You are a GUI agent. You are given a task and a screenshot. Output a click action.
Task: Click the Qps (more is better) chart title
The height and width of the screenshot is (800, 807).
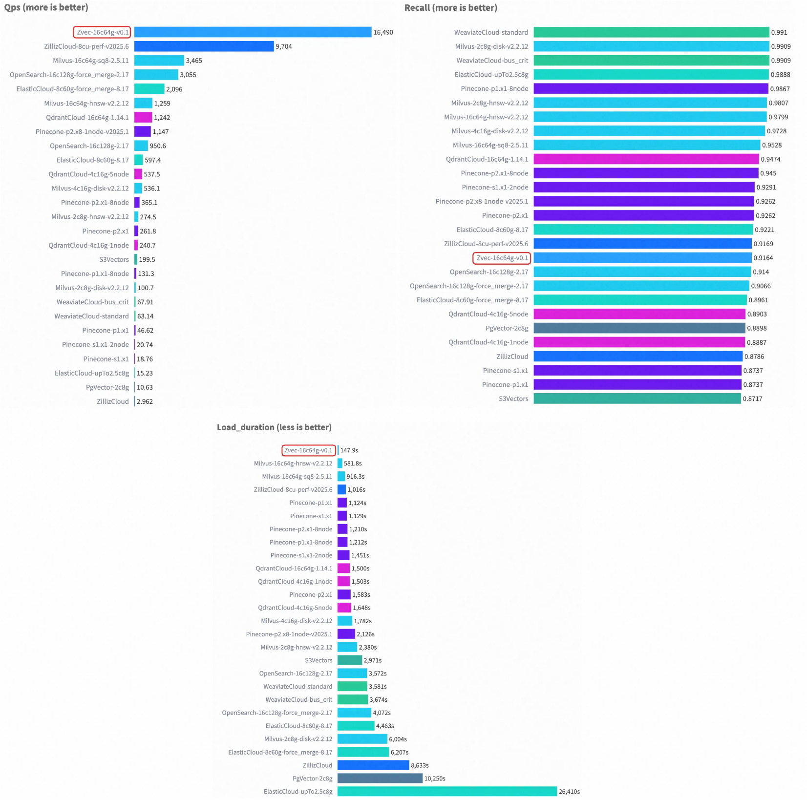(46, 8)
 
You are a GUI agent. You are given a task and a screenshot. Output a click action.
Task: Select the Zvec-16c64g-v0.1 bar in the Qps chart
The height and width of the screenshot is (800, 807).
(253, 32)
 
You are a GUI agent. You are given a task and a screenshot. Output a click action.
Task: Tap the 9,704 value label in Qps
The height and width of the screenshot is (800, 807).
(284, 47)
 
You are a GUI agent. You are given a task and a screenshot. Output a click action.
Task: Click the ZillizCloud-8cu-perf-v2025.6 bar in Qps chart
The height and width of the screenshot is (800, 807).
(204, 46)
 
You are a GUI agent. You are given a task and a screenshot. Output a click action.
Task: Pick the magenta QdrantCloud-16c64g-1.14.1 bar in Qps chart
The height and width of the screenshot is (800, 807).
(143, 118)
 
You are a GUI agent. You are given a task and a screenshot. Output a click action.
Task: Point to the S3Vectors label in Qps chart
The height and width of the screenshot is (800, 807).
(114, 260)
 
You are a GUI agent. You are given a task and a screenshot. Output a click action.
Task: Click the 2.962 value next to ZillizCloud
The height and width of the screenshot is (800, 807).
(145, 401)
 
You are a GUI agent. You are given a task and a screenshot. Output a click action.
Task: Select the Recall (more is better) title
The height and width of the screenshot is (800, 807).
(450, 8)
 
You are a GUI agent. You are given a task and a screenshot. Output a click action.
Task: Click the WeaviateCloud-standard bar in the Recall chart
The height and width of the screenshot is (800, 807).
(651, 32)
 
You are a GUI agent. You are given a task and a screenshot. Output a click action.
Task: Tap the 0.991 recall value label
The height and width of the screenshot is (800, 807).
(779, 33)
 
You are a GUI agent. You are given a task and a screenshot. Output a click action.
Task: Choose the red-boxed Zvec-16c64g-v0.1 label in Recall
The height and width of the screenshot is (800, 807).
(502, 258)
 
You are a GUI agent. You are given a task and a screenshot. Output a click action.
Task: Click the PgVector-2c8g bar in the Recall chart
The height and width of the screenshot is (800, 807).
(639, 328)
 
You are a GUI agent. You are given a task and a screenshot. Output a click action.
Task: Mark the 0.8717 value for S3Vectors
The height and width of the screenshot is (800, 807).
(752, 399)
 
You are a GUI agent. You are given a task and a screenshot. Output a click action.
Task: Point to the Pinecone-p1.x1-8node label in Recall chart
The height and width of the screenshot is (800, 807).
(494, 89)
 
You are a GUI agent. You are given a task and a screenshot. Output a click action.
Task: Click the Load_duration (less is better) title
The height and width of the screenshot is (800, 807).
(274, 427)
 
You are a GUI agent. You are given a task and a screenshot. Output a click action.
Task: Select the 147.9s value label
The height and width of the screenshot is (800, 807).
(349, 450)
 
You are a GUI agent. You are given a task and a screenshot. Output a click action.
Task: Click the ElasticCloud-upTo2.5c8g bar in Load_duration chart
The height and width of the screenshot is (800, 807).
(447, 791)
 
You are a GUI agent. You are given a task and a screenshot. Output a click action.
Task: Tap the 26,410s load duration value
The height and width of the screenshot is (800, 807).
(569, 792)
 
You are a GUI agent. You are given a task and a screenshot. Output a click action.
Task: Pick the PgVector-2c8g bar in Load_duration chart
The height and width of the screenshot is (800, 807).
(380, 778)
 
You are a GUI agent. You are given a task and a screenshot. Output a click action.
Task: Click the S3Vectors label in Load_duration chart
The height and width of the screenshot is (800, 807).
(319, 660)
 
